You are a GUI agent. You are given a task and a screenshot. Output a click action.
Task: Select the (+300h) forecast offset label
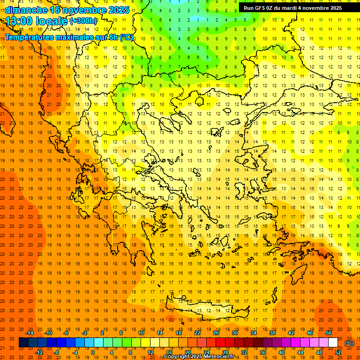tap(83, 21)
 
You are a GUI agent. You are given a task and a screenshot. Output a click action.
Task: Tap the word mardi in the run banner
tap(288, 7)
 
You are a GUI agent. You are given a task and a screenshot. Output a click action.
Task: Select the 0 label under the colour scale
tap(92, 352)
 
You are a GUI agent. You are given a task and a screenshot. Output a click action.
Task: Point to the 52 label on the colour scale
tap(338, 352)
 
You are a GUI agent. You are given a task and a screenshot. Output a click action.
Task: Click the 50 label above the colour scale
tap(329, 333)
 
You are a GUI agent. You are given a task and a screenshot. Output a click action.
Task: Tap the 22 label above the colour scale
tap(197, 333)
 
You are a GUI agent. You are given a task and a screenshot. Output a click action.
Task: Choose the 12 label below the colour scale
tap(150, 352)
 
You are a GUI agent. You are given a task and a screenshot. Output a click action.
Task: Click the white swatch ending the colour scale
tap(333, 343)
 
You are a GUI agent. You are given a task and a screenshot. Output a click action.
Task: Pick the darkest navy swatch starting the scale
tap(23, 343)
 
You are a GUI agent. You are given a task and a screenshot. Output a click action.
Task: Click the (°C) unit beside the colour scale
tap(349, 343)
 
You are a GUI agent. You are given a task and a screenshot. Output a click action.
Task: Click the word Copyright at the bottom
tap(178, 357)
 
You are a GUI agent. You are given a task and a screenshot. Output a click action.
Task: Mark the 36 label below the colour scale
tap(263, 352)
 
